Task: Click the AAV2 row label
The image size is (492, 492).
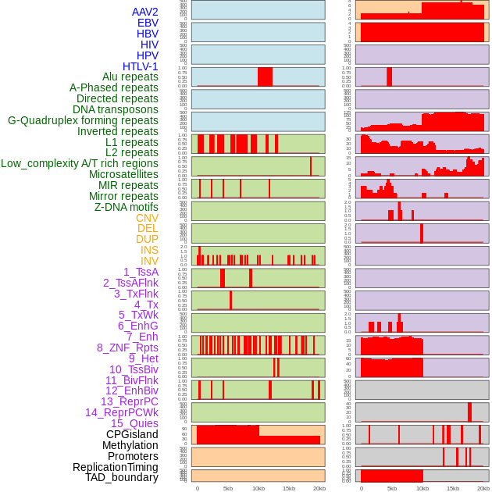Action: pos(144,12)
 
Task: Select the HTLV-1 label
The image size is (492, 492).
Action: pos(141,66)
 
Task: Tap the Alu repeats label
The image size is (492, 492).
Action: pos(130,77)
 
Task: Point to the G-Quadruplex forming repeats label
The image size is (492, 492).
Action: pos(83,120)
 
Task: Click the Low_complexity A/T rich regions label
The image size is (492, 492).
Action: pos(80,163)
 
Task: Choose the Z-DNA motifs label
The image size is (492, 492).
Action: pos(127,207)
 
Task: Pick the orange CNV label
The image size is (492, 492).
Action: pos(147,218)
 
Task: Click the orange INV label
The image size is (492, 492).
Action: pos(149,261)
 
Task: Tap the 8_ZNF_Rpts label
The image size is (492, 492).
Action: pos(127,348)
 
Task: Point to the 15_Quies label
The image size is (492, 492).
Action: pos(134,423)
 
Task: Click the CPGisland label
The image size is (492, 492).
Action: pos(132,434)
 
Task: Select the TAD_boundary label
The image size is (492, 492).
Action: pos(122,477)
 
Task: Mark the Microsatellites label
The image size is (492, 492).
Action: pos(123,174)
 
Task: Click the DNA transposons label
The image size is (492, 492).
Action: pos(116,109)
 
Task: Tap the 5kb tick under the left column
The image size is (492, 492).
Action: pos(228,488)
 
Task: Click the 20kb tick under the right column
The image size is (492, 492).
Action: pos(483,488)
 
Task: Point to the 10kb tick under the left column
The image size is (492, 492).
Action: pos(258,488)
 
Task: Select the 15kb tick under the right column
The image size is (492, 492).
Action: pos(453,488)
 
